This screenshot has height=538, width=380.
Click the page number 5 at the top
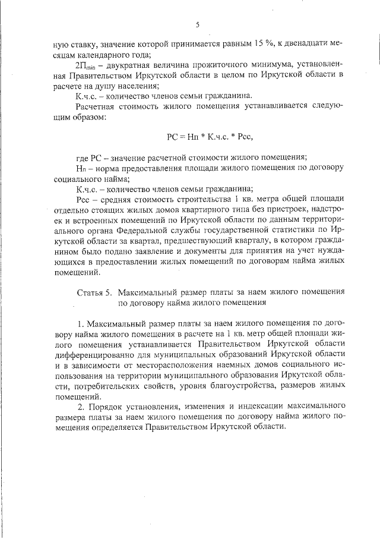point(197,24)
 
